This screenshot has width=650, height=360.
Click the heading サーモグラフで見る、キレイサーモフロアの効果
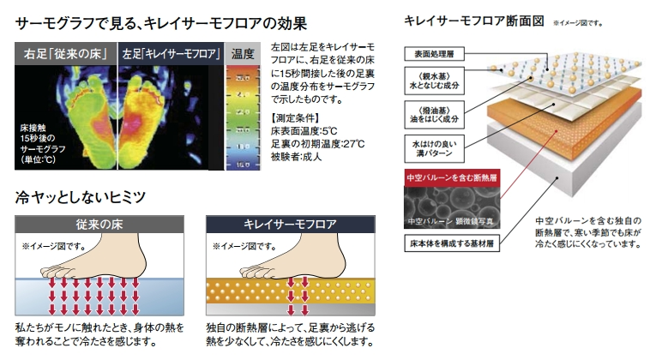[161, 21]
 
